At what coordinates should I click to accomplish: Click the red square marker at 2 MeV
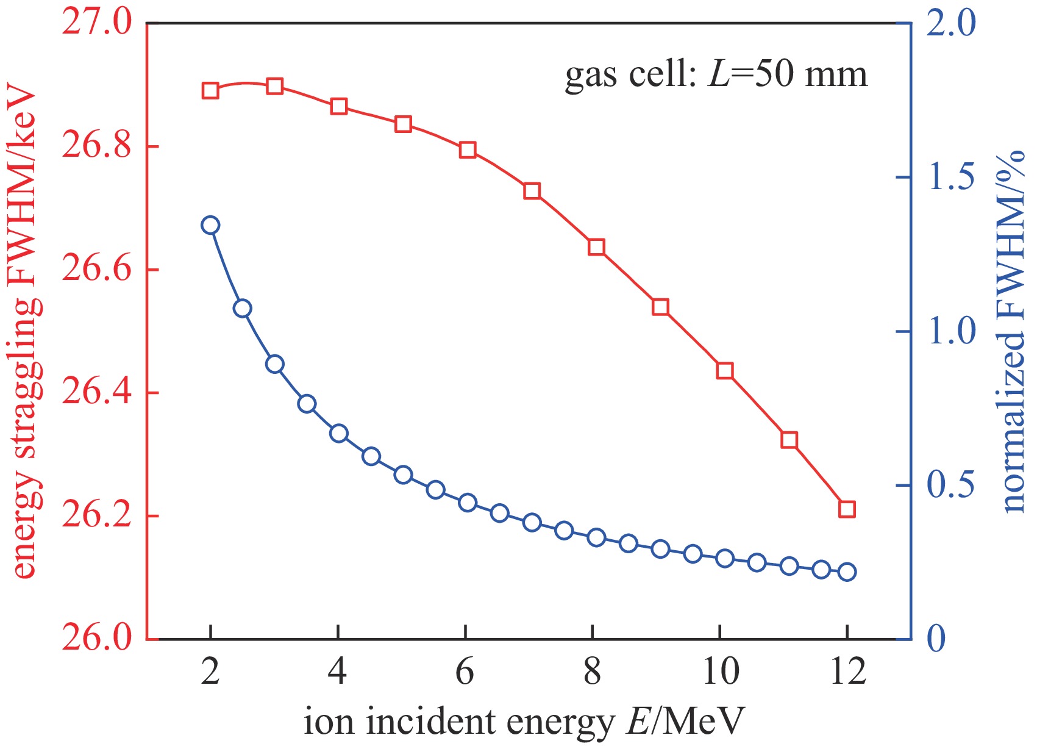click(210, 91)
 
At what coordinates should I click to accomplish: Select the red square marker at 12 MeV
click(847, 509)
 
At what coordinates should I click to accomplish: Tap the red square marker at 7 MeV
click(532, 191)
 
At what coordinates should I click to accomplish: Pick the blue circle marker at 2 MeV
click(210, 225)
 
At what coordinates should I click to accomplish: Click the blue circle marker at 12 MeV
click(847, 572)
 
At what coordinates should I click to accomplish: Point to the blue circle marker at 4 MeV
click(339, 433)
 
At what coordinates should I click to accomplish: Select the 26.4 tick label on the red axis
click(97, 393)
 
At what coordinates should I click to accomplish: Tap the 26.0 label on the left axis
click(97, 638)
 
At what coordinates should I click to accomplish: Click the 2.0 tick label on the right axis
click(951, 24)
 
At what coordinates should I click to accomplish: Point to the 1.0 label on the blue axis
click(951, 332)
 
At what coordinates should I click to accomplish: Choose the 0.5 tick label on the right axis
click(951, 486)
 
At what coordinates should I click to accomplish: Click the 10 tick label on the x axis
click(721, 672)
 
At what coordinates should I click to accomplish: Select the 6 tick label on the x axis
click(465, 672)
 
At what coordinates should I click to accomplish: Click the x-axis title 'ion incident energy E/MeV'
click(524, 722)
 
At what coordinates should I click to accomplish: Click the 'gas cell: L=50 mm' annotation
click(716, 76)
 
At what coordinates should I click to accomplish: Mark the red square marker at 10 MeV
click(724, 370)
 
